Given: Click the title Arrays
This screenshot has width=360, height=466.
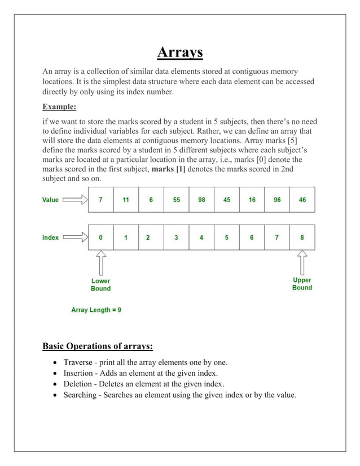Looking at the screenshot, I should coord(179,53).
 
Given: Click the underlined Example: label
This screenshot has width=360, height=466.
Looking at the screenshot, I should coord(59,107).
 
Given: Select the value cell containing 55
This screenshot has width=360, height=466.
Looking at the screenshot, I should coord(176,200).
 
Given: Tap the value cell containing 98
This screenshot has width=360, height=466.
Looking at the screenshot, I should coord(201,200).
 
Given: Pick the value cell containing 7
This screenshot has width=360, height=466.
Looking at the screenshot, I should coord(100,200).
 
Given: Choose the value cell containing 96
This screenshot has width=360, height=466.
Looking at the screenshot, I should coord(277,200).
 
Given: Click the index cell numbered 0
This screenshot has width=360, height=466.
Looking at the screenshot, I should coord(100,238).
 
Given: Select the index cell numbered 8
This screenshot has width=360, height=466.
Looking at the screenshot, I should coord(302,238).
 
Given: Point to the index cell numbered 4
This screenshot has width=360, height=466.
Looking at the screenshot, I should coord(201,238).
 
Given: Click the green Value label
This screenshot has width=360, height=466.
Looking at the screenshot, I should coord(50,200).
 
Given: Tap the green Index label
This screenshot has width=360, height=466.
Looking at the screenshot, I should coord(50,238).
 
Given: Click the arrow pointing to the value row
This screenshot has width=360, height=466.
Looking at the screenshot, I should coord(75,200).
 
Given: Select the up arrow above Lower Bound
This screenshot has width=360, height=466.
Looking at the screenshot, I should coord(100,263).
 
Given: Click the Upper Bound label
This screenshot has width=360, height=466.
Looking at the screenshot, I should coord(302,284).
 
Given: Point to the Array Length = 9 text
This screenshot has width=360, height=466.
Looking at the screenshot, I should coord(96,310).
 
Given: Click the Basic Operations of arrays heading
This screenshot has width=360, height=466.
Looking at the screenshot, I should coord(98,345).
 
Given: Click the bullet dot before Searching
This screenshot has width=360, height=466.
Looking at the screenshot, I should coord(54,395).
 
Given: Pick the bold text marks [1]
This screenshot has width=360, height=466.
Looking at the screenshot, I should coord(169,169).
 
